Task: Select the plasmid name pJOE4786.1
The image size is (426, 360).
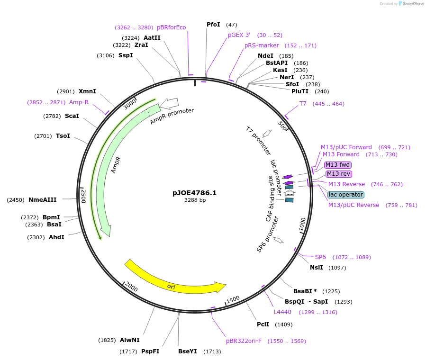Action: click(x=195, y=193)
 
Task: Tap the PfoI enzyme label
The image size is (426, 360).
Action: click(x=213, y=25)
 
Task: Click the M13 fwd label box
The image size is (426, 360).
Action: click(x=338, y=165)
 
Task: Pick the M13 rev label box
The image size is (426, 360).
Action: click(x=339, y=174)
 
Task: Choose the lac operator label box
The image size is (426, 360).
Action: click(x=346, y=195)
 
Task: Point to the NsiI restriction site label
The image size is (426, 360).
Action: click(x=316, y=268)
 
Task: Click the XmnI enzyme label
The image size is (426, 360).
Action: click(x=87, y=91)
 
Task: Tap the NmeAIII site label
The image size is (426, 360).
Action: click(x=43, y=200)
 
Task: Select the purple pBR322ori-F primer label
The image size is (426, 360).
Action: click(x=244, y=341)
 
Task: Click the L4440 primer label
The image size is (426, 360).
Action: click(x=282, y=312)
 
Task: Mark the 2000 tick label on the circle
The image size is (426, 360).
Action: click(x=130, y=287)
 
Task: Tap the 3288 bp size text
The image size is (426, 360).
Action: click(x=195, y=200)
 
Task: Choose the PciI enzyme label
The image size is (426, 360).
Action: click(x=263, y=324)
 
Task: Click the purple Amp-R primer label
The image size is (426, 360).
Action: click(x=79, y=102)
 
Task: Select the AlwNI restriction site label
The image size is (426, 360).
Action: click(x=129, y=340)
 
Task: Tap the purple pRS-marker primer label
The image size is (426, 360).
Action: click(x=262, y=45)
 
